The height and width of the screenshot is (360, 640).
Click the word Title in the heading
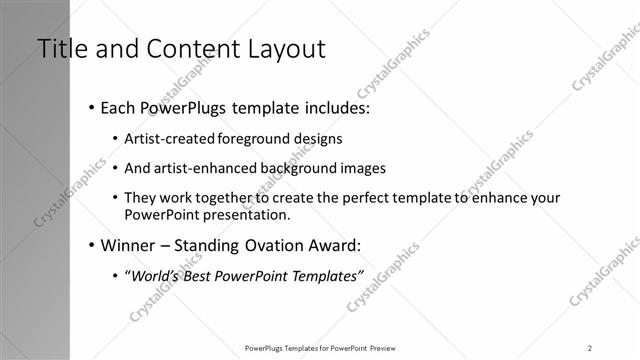point(63,48)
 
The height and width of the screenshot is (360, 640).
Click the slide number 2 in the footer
point(590,348)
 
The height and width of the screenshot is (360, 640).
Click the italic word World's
point(158,276)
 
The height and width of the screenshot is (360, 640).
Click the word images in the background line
point(364,168)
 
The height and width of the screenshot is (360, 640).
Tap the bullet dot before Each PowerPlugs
point(92,106)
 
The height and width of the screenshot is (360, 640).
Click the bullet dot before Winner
point(92,244)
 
